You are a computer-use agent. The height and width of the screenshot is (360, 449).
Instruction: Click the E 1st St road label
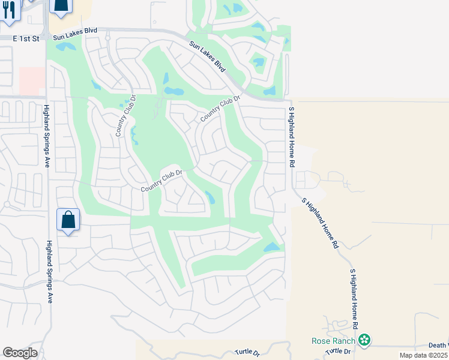(26, 38)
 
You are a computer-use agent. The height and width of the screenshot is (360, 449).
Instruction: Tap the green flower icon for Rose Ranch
(364, 341)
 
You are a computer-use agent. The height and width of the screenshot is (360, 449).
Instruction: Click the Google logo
(20, 353)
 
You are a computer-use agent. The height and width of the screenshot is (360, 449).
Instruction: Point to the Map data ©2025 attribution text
(423, 355)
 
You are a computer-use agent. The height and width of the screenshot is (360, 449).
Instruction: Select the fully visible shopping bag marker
(68, 220)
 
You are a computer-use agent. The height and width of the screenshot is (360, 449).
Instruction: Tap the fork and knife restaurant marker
(9, 10)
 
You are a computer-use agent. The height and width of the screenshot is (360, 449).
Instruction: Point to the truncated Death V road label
(438, 345)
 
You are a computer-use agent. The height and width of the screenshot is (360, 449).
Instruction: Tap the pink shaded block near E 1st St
(32, 80)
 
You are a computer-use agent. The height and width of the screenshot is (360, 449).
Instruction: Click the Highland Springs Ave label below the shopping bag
(49, 271)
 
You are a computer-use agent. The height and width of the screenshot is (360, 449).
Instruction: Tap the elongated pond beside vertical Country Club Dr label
(134, 134)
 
